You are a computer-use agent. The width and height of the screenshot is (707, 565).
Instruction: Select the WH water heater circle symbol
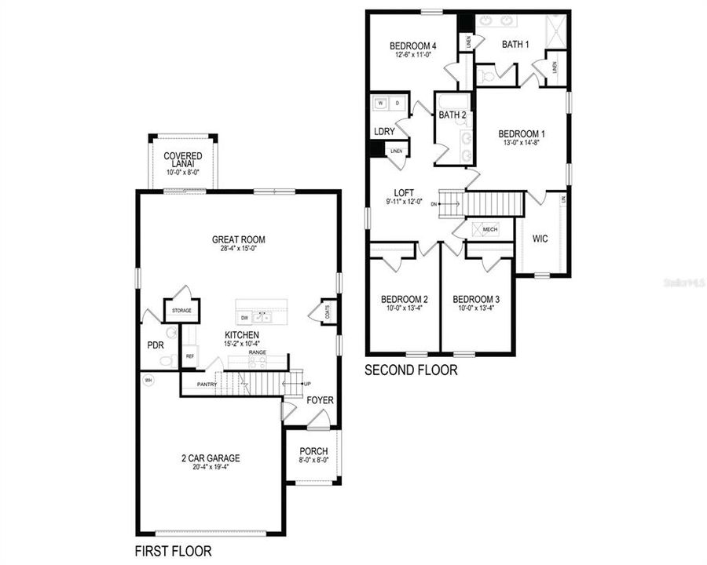(x=146, y=381)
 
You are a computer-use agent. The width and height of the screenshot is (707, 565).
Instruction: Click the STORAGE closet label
(x=181, y=311)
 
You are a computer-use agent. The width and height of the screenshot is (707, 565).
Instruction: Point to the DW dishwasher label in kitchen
(x=245, y=318)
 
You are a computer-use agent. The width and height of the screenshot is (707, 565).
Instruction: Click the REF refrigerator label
(x=189, y=356)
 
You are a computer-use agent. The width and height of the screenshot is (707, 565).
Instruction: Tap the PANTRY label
(x=207, y=385)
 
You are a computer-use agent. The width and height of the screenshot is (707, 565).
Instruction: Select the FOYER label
(x=320, y=400)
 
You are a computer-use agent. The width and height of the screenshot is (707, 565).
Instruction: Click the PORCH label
(x=313, y=451)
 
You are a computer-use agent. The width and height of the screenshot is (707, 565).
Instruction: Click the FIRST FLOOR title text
(x=173, y=551)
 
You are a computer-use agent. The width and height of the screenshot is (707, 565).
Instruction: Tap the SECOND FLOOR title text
(x=411, y=370)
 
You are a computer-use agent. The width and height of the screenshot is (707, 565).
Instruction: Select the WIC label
(x=540, y=237)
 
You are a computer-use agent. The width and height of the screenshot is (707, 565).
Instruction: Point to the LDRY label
(x=384, y=131)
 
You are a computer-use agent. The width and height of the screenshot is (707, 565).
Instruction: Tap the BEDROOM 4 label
(x=413, y=46)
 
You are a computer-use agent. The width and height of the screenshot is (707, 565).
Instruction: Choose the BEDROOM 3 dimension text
(x=478, y=308)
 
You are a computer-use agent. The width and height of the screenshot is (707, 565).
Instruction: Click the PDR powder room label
(x=155, y=344)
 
